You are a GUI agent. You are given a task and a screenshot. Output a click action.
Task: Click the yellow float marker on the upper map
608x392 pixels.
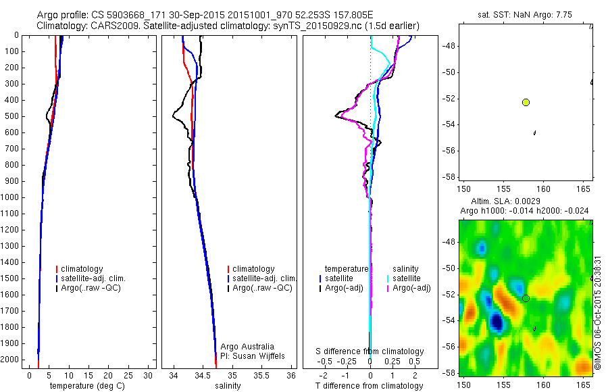[x=526, y=102]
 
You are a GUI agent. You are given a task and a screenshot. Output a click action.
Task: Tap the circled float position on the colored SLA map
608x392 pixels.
[x=526, y=298]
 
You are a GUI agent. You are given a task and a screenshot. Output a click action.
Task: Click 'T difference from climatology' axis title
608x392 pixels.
[x=369, y=386]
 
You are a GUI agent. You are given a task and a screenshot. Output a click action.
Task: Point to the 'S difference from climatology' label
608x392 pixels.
[x=370, y=351]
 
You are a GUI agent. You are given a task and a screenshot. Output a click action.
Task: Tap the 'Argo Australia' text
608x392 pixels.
[x=247, y=346]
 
